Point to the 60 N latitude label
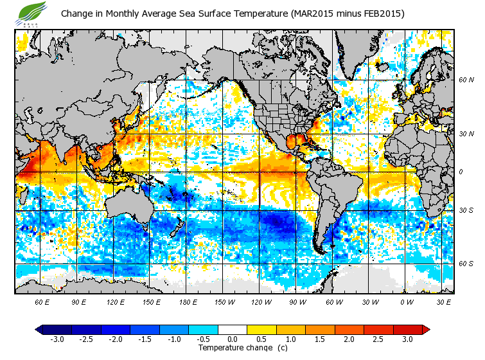pos(466,80)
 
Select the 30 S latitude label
pos(466,210)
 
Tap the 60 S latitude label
pos(466,264)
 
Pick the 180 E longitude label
pos(188,301)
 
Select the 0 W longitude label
pos(406,301)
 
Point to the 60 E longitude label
pos(43,301)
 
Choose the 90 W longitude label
pos(297,301)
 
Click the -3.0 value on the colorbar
pos(57,339)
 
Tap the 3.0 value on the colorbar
pos(407,339)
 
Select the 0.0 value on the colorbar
pos(233,339)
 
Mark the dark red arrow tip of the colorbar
pos(427,329)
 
